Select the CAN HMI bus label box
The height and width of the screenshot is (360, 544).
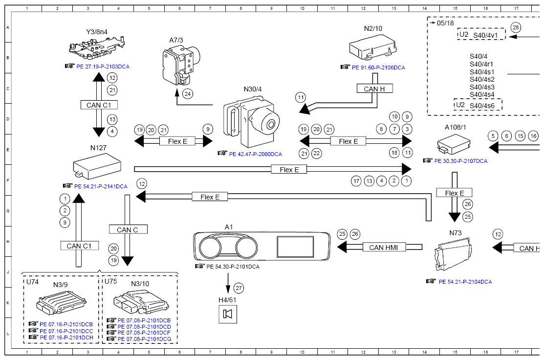[x=383, y=247]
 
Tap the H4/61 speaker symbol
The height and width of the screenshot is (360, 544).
[x=227, y=314]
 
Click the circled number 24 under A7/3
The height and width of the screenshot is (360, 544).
[x=188, y=93]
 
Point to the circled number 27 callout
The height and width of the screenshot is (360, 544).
[x=239, y=288]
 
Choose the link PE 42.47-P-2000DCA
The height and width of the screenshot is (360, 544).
[x=255, y=154]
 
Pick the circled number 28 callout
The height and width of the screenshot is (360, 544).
[x=516, y=27]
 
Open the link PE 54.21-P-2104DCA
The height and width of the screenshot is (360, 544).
[x=465, y=282]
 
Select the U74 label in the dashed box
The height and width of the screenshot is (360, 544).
[x=32, y=282]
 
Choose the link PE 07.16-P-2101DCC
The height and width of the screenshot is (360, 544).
[x=66, y=331]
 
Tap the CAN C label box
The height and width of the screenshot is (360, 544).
[x=128, y=229]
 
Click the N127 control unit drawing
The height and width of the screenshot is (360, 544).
[x=98, y=163]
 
